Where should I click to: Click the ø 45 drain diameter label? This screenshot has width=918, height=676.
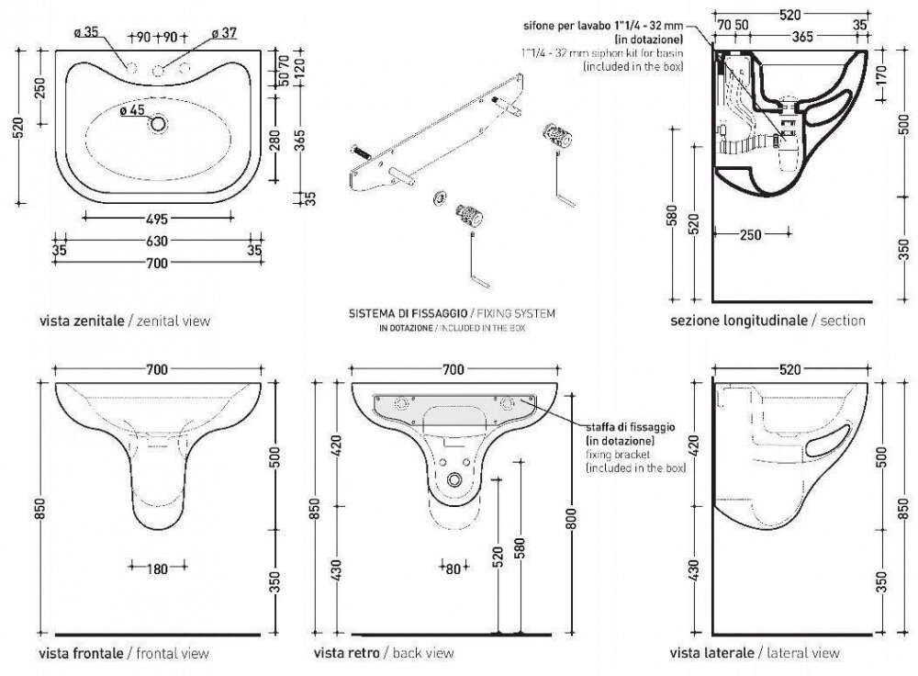(132, 111)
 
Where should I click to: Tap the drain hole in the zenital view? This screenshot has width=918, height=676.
(160, 123)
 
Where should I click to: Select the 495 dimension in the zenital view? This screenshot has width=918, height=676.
(159, 218)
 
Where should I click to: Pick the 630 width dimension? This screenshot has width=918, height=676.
(158, 242)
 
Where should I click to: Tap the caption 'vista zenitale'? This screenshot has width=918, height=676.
(81, 321)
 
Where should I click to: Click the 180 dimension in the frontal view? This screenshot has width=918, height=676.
(157, 569)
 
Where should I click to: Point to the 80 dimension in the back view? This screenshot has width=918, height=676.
(453, 569)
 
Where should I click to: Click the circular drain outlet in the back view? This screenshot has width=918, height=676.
(454, 480)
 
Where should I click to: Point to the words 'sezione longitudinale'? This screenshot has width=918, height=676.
(737, 321)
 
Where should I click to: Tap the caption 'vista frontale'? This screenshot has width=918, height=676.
(81, 653)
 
